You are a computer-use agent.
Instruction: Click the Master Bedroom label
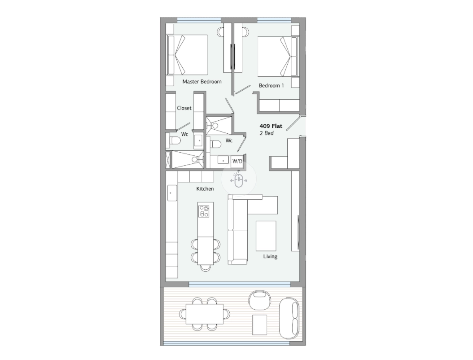point(202,82)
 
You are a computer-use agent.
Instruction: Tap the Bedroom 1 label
point(271,85)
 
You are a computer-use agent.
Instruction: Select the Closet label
point(184,108)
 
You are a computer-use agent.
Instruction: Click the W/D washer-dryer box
point(237,161)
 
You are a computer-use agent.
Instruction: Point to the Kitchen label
point(205,189)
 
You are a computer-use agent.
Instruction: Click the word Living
point(270,256)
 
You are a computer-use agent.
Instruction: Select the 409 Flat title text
point(271,126)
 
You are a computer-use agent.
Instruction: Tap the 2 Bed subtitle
point(267,133)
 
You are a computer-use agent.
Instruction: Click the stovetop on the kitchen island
point(204,211)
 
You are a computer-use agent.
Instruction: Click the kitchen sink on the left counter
point(172,193)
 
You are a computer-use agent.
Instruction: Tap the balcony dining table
point(205,314)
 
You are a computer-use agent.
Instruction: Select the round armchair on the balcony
point(258,299)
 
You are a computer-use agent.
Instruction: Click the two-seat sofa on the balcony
point(289,318)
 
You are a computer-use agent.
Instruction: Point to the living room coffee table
point(266,236)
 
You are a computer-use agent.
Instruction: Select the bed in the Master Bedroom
point(187,55)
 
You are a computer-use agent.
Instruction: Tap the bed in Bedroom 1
point(277,57)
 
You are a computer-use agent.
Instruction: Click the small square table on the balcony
point(259,325)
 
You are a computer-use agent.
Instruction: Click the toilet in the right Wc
point(215,144)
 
